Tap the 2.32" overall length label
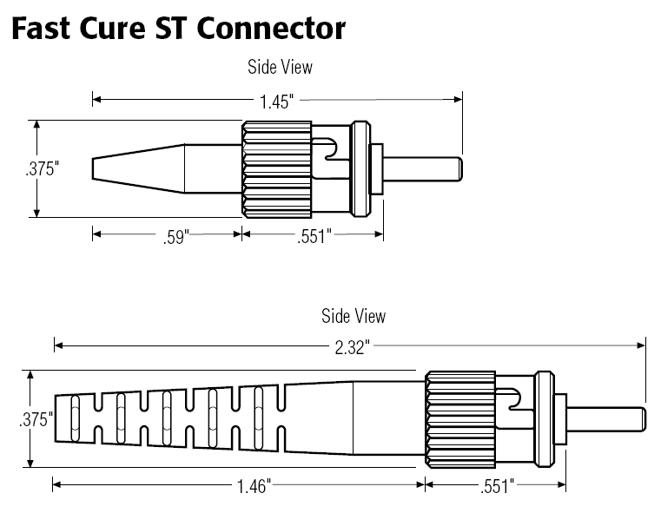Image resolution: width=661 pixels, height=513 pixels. point(351,346)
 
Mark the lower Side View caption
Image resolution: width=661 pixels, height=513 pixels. point(354,316)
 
